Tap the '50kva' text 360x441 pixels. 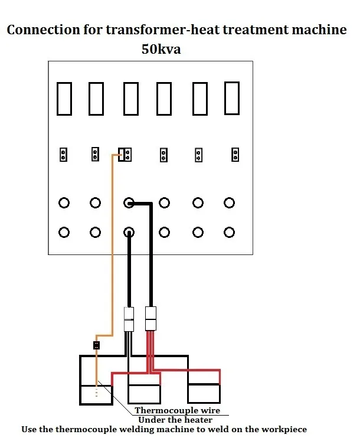[161, 49]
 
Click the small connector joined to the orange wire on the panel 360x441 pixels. [125, 155]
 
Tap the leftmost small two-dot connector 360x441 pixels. [63, 155]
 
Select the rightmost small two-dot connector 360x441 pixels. [235, 155]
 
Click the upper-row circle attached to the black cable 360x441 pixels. [129, 203]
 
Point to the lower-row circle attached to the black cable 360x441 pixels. [129, 231]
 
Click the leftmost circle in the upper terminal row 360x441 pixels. [64, 203]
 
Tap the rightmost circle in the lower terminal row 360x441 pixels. [230, 231]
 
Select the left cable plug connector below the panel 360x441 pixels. [129, 319]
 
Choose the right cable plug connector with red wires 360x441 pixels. [150, 319]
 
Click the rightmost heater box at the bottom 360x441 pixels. [204, 393]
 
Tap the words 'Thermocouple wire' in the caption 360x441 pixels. [178, 410]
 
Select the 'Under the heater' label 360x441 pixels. [175, 420]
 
